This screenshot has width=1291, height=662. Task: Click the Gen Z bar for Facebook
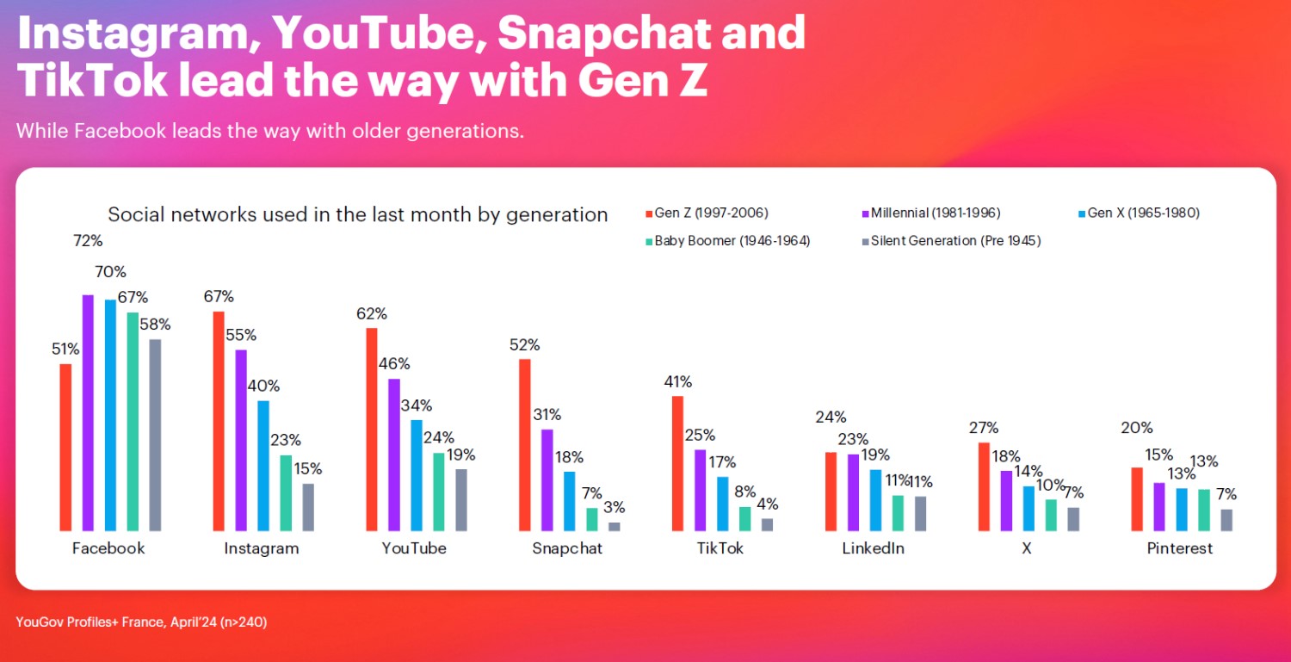point(65,447)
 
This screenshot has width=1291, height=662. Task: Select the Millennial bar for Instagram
point(241,440)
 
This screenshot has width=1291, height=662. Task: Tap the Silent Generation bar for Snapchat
point(614,526)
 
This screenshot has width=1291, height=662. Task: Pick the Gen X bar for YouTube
point(417,475)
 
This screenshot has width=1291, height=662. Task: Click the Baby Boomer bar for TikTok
point(745,518)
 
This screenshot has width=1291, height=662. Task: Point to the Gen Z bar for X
point(984,486)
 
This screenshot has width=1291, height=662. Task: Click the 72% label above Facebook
point(87,240)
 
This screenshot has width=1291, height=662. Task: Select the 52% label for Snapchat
point(524,344)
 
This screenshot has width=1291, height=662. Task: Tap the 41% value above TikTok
point(676,381)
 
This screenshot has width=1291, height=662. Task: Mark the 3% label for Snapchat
point(614,507)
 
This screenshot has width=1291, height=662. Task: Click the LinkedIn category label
point(873,548)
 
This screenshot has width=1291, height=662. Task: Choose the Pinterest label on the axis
point(1179,548)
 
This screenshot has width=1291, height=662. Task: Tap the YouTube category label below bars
point(414,548)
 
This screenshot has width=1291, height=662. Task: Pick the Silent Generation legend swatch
point(865,242)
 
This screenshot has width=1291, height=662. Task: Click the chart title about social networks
point(357,214)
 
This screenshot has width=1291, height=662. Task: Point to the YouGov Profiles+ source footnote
point(141,621)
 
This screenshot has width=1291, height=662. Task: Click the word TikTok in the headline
point(90,79)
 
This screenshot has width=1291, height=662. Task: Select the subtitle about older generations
point(269,132)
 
